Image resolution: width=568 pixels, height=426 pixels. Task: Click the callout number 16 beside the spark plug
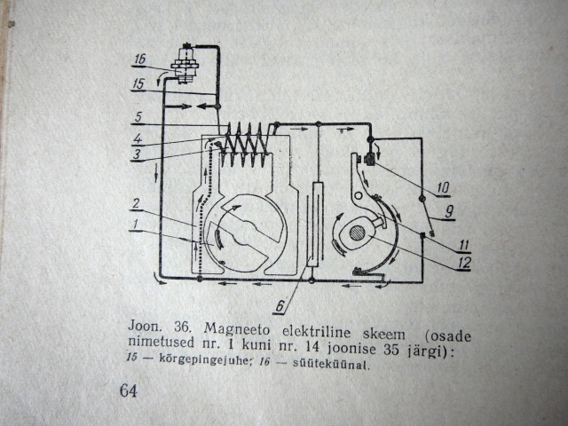click(139, 61)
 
